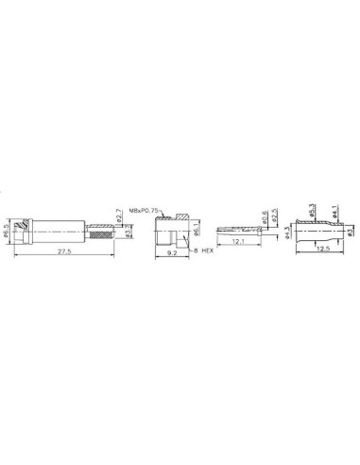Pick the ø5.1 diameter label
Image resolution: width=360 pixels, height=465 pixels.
click(197, 230)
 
